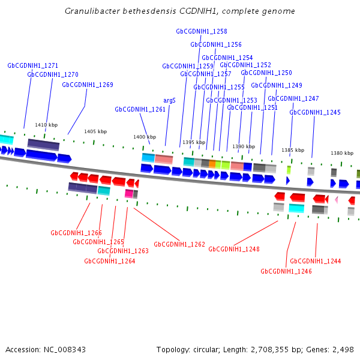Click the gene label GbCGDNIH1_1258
202,31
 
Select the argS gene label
169,101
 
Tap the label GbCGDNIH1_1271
33,65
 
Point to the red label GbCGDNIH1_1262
179,244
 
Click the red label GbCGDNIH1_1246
286,271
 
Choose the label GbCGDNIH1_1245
315,113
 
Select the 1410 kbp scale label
46,125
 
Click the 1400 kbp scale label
145,137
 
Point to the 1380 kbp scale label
342,153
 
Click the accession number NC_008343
65,350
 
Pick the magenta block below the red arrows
129,193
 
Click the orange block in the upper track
212,164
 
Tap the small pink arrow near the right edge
337,200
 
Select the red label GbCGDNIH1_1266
76,233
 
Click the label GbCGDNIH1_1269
88,85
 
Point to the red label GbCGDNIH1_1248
234,250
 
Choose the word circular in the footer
206,350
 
